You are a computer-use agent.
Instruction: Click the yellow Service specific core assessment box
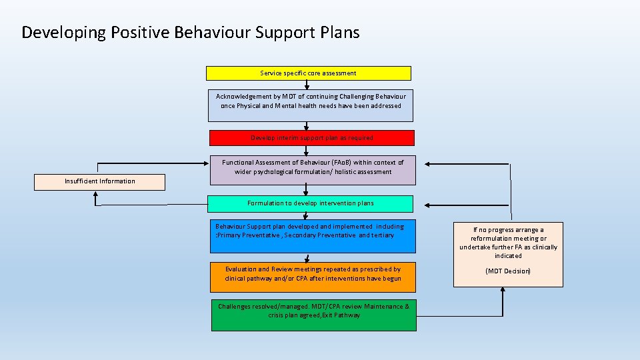[308, 73]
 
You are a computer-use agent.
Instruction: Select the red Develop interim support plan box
[311, 138]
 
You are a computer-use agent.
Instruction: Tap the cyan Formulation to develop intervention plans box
[310, 203]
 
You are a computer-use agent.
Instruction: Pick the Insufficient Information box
[99, 181]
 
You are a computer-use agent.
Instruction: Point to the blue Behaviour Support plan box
[313, 237]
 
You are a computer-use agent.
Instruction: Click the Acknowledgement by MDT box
[310, 105]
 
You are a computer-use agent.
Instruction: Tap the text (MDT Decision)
[508, 271]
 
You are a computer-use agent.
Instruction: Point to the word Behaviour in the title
[212, 33]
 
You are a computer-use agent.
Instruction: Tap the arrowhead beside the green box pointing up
[503, 298]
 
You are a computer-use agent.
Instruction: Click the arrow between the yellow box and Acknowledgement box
[307, 85]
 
